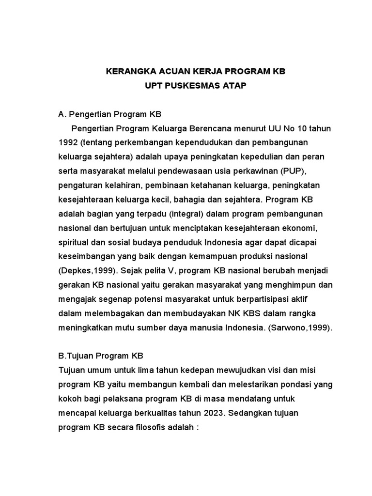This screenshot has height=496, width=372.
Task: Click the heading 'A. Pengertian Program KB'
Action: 109,115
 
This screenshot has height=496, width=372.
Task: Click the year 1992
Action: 67,143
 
